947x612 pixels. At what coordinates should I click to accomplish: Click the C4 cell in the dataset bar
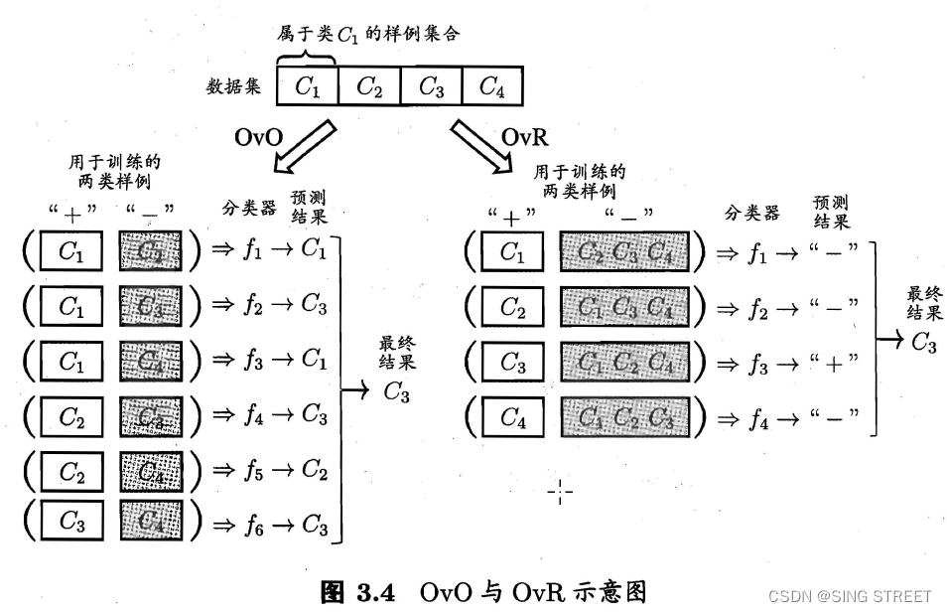tap(492, 86)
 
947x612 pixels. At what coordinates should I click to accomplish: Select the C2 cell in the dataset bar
tap(369, 86)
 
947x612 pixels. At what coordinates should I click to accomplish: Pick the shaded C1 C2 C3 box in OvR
tap(623, 417)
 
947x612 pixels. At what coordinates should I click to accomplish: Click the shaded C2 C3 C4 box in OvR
tap(623, 252)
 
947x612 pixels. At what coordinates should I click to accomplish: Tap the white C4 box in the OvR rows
tap(512, 417)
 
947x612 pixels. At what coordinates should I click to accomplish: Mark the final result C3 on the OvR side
tap(923, 344)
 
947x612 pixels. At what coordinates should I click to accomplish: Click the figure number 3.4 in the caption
tap(376, 593)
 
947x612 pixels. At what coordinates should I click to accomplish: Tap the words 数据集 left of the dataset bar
tap(233, 86)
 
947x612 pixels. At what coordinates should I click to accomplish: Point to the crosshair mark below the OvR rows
tap(560, 491)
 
